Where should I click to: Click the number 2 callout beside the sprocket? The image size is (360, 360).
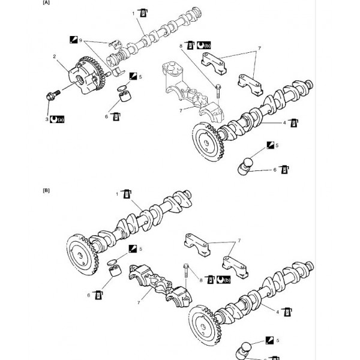[55, 57]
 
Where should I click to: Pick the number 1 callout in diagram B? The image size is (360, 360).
[118, 194]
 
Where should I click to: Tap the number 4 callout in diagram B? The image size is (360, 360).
[278, 311]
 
